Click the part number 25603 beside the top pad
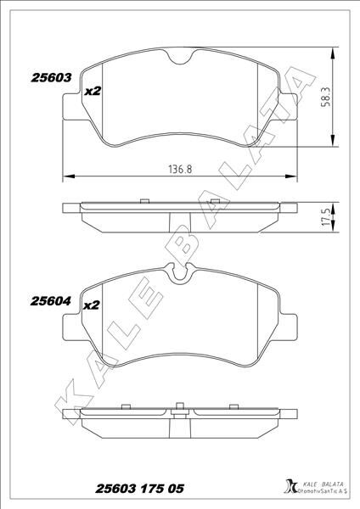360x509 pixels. click(x=51, y=76)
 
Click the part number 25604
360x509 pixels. click(x=51, y=299)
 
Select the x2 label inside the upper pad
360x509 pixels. click(x=93, y=91)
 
